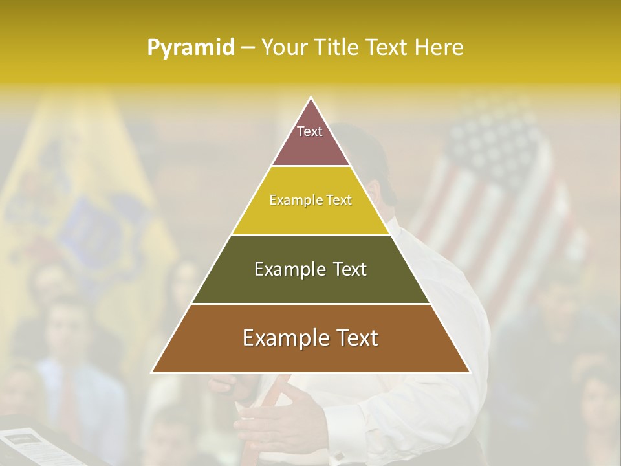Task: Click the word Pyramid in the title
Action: [191, 48]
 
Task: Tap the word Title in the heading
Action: [338, 48]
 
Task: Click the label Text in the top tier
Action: [310, 131]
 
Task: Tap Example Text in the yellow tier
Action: [310, 200]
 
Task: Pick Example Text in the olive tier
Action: [310, 269]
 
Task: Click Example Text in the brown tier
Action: [310, 338]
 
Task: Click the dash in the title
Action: [247, 48]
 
